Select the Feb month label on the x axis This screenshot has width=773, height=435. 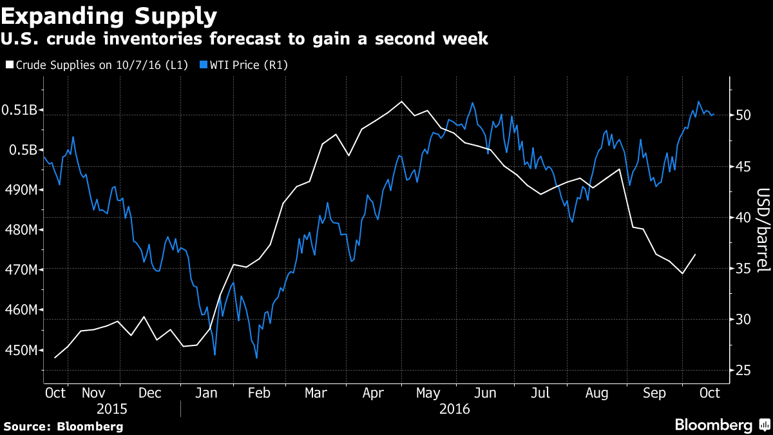click(258, 393)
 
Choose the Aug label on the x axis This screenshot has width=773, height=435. click(596, 393)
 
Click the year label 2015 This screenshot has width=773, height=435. click(112, 409)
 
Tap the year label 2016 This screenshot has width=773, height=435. click(455, 409)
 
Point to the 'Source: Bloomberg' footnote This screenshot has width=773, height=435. click(63, 426)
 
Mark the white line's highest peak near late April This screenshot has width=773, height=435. click(402, 101)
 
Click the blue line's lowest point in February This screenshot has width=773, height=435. click(256, 358)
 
